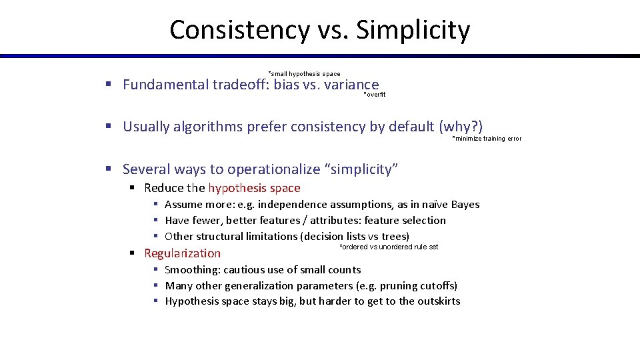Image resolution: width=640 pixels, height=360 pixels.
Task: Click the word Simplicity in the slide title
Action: pos(413,30)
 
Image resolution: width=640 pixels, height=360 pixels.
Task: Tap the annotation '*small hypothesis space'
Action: pos(304,73)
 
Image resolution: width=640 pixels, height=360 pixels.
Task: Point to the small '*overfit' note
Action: pos(374,95)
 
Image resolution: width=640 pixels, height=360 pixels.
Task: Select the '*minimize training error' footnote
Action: pos(487,139)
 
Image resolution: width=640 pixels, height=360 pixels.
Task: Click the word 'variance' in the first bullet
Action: pos(351,85)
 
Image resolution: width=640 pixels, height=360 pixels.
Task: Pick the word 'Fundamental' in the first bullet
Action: pos(165,85)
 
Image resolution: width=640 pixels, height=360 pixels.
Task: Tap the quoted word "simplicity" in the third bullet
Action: pos(361,169)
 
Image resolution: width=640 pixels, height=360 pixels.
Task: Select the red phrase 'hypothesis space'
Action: pos(254,188)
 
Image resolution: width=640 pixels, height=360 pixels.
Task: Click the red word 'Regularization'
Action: pos(182,253)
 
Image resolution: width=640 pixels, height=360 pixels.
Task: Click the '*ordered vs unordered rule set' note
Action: pos(389,247)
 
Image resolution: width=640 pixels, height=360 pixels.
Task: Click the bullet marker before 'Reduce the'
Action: pos(133,188)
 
